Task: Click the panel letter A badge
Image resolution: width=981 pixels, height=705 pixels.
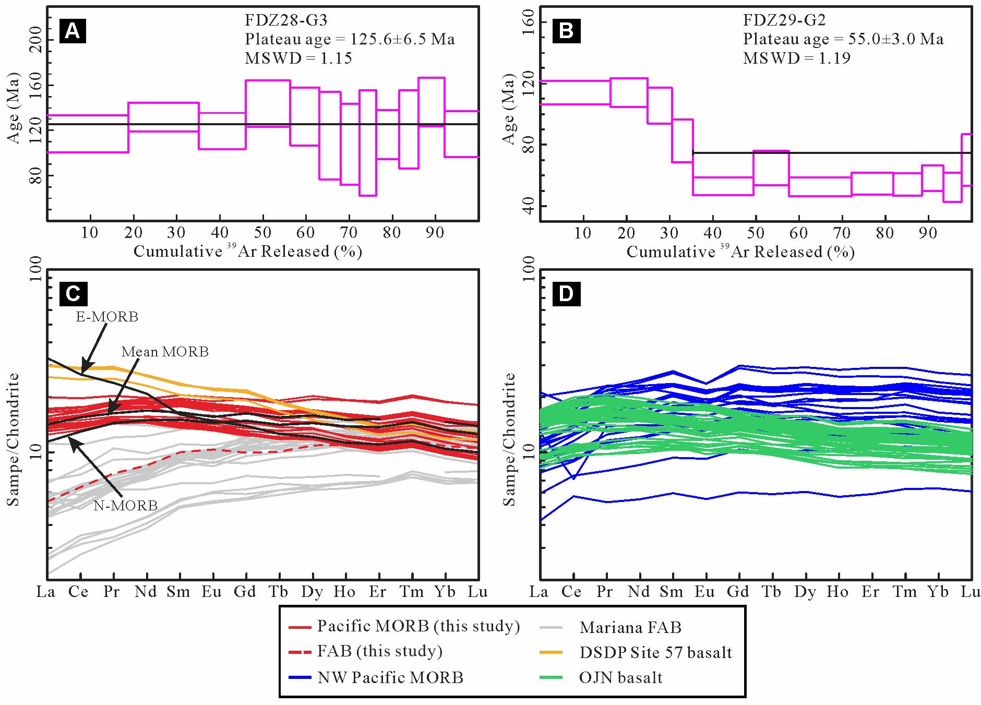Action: (x=73, y=32)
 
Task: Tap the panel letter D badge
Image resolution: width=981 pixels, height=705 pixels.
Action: (x=566, y=294)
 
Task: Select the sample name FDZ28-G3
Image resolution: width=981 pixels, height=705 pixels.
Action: (x=286, y=21)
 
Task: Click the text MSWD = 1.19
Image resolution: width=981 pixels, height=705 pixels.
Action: (x=796, y=58)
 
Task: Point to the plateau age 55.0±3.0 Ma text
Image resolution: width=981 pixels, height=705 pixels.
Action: (x=843, y=39)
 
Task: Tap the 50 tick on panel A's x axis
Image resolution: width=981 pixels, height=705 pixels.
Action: (x=263, y=233)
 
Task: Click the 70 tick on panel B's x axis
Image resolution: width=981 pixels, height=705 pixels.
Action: (x=842, y=233)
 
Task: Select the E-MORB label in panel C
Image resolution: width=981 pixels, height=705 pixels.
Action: (x=107, y=317)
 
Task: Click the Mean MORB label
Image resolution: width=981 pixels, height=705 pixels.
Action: (x=165, y=352)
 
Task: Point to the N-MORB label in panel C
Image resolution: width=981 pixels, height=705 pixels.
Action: (x=126, y=505)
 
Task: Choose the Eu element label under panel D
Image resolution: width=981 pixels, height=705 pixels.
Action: (x=704, y=592)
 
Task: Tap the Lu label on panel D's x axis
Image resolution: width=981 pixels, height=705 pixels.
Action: (x=971, y=592)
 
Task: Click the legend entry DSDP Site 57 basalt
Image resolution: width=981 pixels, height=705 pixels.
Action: (x=655, y=652)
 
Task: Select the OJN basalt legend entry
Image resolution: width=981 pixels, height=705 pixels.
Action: (x=620, y=678)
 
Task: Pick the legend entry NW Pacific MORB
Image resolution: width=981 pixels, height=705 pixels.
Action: (x=390, y=678)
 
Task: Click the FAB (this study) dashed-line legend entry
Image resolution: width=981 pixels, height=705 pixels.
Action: (x=380, y=651)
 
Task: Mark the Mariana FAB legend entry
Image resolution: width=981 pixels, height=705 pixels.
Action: (x=630, y=627)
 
